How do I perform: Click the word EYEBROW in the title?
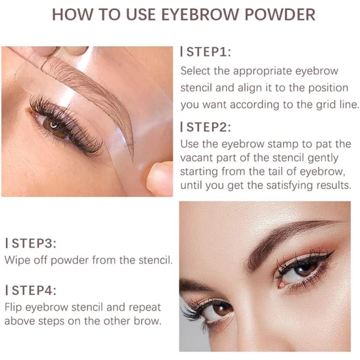coord(200,14)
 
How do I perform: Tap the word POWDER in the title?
coord(280,14)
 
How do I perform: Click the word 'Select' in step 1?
coord(195,71)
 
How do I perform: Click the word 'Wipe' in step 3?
coord(17,260)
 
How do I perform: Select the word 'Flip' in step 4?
coord(13,307)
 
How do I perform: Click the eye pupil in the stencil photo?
coord(54,125)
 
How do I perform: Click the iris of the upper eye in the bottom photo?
coord(305,268)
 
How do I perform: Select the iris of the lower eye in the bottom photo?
coord(222,309)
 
